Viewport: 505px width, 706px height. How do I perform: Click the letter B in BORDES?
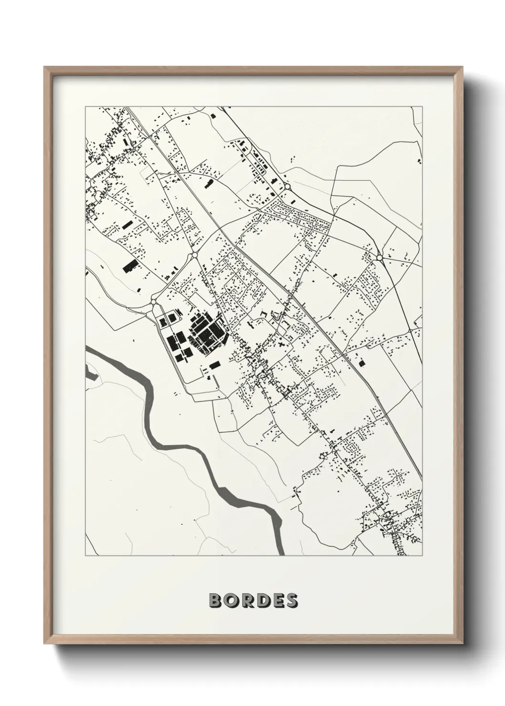point(215,601)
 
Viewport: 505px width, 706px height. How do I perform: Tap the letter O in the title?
point(231,601)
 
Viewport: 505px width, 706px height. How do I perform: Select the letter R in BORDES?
point(246,601)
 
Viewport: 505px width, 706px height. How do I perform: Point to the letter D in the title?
point(262,601)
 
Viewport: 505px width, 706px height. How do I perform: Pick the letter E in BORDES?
point(276,601)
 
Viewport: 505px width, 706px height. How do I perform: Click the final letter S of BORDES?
point(291,601)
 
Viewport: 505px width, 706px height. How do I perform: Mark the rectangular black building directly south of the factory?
point(214,365)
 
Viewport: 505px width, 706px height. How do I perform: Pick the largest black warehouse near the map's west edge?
point(129,266)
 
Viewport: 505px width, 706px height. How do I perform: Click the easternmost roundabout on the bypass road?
point(379,258)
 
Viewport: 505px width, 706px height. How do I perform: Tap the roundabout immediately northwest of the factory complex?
point(154,301)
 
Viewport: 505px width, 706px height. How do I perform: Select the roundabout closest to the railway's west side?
point(195,256)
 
